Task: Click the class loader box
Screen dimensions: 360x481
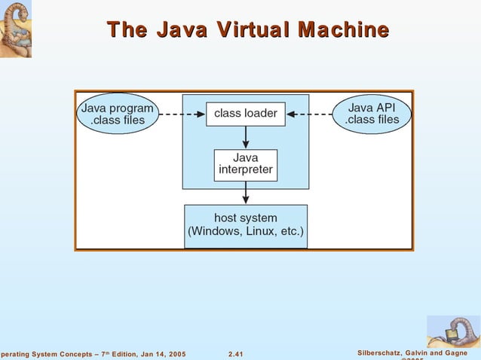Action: tap(246, 114)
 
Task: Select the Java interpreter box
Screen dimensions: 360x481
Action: tap(246, 164)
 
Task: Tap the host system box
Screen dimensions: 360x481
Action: tap(246, 225)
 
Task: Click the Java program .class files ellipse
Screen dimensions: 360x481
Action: tap(117, 114)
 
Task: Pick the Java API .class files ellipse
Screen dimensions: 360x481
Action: tap(372, 114)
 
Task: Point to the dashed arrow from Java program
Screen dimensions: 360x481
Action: tap(182, 114)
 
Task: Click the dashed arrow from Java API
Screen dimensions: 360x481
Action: tap(310, 114)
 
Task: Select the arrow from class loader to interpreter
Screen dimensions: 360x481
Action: tap(246, 137)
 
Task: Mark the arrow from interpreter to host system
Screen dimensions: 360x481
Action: tap(246, 192)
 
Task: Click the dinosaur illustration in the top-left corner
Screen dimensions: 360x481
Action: tap(15, 29)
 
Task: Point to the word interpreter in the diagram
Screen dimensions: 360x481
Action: tap(246, 170)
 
